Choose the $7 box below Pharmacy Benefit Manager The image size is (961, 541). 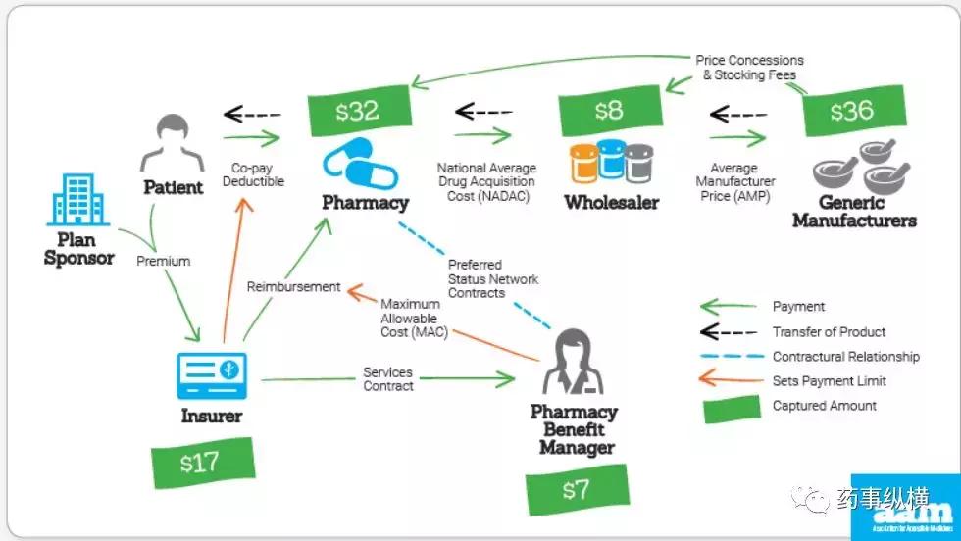[575, 490]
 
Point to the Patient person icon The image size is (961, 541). [173, 145]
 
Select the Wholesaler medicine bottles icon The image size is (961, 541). [611, 164]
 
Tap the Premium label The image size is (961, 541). [163, 261]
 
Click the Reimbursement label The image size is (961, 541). [293, 287]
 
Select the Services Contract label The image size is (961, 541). [388, 379]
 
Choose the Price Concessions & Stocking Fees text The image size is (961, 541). [749, 68]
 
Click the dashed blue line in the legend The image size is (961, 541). [732, 356]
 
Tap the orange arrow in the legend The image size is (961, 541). [732, 381]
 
